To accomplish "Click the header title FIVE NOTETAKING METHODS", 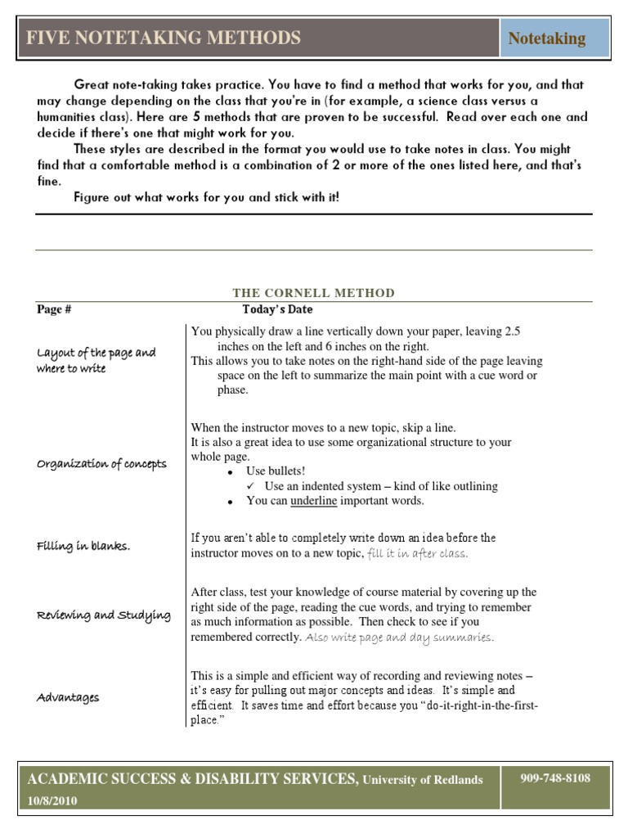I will [x=164, y=38].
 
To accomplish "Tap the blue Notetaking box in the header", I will [x=546, y=38].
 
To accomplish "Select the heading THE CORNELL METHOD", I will [x=313, y=293].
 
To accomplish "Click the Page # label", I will [x=54, y=309].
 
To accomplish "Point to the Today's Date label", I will [x=277, y=309].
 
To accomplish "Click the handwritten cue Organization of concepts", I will [x=101, y=464].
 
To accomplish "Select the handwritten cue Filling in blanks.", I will [x=83, y=546].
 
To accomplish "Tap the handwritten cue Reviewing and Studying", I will [x=104, y=615].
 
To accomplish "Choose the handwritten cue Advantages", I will [x=68, y=697].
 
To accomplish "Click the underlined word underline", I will [x=313, y=501].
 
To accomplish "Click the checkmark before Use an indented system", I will [x=251, y=486].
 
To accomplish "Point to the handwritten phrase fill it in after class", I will [x=418, y=553].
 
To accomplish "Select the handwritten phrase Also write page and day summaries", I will [x=400, y=638].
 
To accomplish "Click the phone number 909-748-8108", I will [x=555, y=778].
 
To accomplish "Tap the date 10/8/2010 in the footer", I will [x=53, y=801].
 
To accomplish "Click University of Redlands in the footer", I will [x=423, y=780].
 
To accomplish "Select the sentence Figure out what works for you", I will [x=206, y=197].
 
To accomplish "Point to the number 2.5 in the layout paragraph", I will [x=512, y=331].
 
